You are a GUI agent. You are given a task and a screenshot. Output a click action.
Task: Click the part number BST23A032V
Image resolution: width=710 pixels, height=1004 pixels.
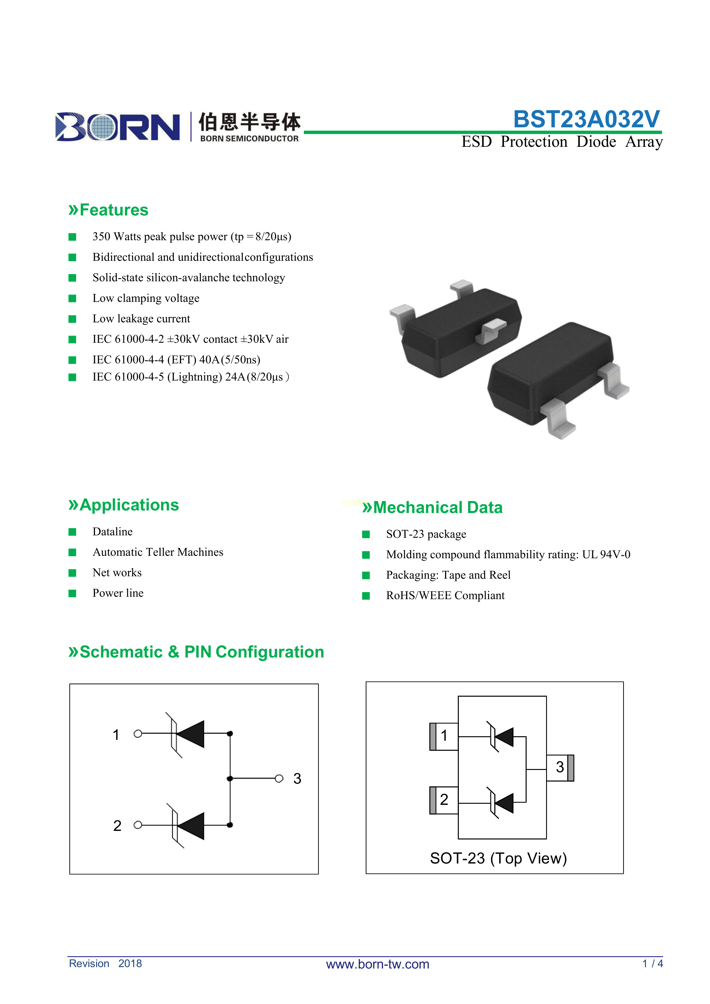tap(586, 119)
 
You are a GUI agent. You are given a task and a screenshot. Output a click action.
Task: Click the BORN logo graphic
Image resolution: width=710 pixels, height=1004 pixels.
tap(118, 127)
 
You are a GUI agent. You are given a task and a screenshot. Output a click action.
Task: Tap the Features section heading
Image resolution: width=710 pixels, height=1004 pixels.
tap(108, 210)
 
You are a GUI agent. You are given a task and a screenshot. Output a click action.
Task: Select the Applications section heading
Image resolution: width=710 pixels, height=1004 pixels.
tap(124, 505)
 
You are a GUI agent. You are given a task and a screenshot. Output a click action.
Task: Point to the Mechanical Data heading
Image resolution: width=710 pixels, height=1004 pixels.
tap(433, 508)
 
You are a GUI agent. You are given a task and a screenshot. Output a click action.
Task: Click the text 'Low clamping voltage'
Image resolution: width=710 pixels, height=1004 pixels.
tap(146, 298)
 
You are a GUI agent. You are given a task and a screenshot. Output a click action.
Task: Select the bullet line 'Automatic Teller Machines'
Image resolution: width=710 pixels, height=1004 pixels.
tap(158, 552)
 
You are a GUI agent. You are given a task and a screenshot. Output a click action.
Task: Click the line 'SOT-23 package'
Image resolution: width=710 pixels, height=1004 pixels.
tap(426, 534)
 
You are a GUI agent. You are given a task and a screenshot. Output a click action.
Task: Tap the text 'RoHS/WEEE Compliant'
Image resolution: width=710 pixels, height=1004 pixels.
tap(445, 596)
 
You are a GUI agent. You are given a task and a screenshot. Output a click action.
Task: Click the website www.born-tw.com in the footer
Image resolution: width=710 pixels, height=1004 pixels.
tap(378, 964)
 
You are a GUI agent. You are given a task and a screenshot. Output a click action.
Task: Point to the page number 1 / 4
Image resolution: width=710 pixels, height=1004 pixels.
tap(652, 963)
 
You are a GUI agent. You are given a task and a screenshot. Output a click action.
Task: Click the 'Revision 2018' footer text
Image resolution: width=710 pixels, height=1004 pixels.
tap(105, 963)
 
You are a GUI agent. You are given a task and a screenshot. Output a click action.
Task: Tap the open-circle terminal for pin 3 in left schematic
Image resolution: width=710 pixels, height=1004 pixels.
tap(279, 778)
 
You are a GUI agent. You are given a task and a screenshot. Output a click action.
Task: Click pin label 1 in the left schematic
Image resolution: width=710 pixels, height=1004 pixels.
tap(116, 735)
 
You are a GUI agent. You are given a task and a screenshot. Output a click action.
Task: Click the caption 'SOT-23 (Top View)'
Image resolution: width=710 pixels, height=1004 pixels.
tap(498, 858)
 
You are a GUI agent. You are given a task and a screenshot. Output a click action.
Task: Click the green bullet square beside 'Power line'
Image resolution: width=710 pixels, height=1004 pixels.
tap(73, 593)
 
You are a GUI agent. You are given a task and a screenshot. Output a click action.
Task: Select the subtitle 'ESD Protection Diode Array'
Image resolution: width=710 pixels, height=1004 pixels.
tap(562, 142)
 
